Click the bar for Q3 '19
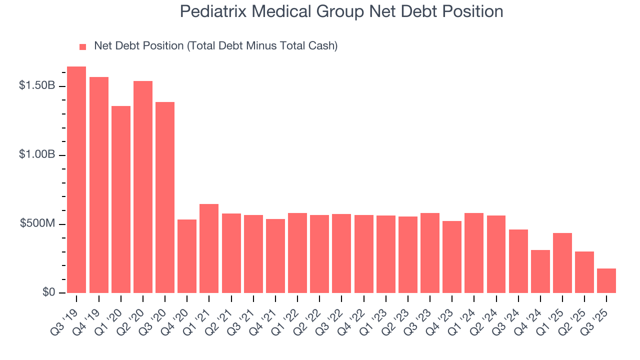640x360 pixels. pyautogui.click(x=76, y=180)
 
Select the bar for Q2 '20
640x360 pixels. pyautogui.click(x=143, y=187)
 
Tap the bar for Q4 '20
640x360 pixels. pyautogui.click(x=187, y=256)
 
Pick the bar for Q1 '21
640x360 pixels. pyautogui.click(x=209, y=248)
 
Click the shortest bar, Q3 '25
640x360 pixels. pyautogui.click(x=606, y=280)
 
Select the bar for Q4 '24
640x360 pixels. pyautogui.click(x=540, y=271)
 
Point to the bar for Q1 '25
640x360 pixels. pyautogui.click(x=562, y=263)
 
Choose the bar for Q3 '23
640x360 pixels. pyautogui.click(x=429, y=253)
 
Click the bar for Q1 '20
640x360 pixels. pyautogui.click(x=121, y=199)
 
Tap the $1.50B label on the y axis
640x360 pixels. pyautogui.click(x=36, y=86)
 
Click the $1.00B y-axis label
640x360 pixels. pyautogui.click(x=36, y=155)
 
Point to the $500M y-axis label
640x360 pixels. pyautogui.click(x=37, y=224)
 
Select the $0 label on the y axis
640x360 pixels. pyautogui.click(x=48, y=292)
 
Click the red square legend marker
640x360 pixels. pyautogui.click(x=83, y=47)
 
